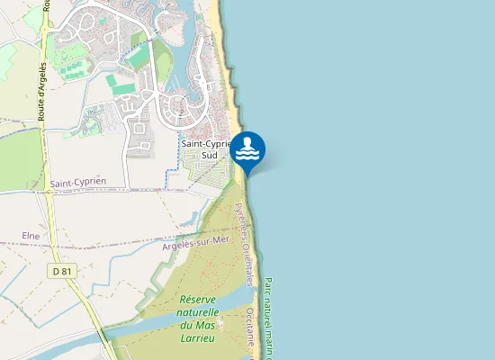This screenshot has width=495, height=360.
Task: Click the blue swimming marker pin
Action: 248,151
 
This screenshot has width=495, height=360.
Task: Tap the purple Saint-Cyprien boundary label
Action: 77,182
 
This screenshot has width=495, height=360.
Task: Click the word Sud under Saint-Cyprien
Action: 209,155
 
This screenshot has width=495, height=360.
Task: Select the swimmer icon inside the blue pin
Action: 248,147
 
